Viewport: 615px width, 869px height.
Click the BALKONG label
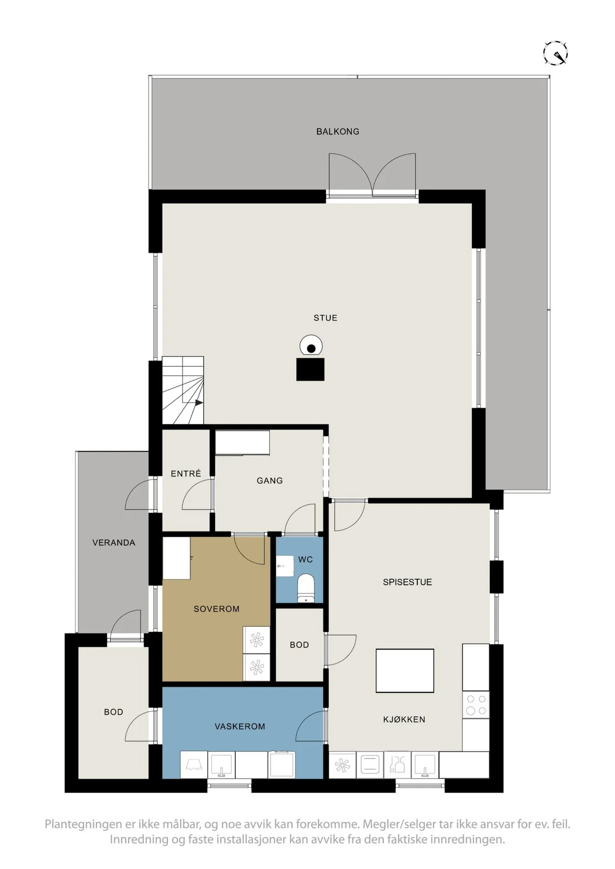[338, 131]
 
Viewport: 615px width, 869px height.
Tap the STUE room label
[326, 318]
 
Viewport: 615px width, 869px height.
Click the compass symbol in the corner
[555, 53]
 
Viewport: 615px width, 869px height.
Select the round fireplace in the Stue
[311, 347]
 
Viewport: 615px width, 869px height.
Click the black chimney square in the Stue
[310, 369]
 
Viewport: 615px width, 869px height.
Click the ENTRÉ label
[186, 474]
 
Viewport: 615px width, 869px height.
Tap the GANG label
[270, 480]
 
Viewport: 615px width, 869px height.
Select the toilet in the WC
[305, 589]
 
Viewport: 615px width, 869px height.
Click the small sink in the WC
[285, 566]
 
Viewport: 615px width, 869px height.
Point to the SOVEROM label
[216, 609]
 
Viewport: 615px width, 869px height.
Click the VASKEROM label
[240, 726]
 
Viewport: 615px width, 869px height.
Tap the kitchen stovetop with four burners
[476, 704]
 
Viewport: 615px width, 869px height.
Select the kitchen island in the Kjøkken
[405, 671]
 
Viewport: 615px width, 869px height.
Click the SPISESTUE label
[407, 582]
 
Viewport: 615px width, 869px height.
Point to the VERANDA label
[114, 543]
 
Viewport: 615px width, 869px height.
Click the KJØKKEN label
[404, 719]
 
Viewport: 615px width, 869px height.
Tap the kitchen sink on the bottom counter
[425, 765]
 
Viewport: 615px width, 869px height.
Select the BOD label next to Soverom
[300, 645]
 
